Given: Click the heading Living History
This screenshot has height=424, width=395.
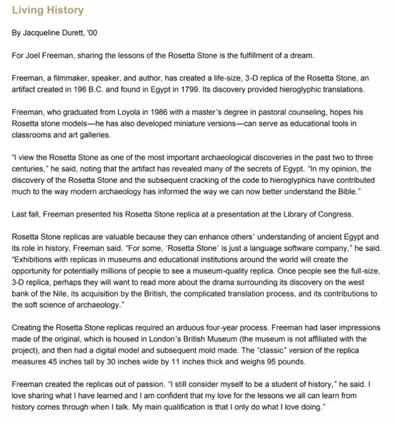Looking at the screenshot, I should (47, 11).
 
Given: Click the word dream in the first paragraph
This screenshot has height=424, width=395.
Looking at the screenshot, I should (302, 55).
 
